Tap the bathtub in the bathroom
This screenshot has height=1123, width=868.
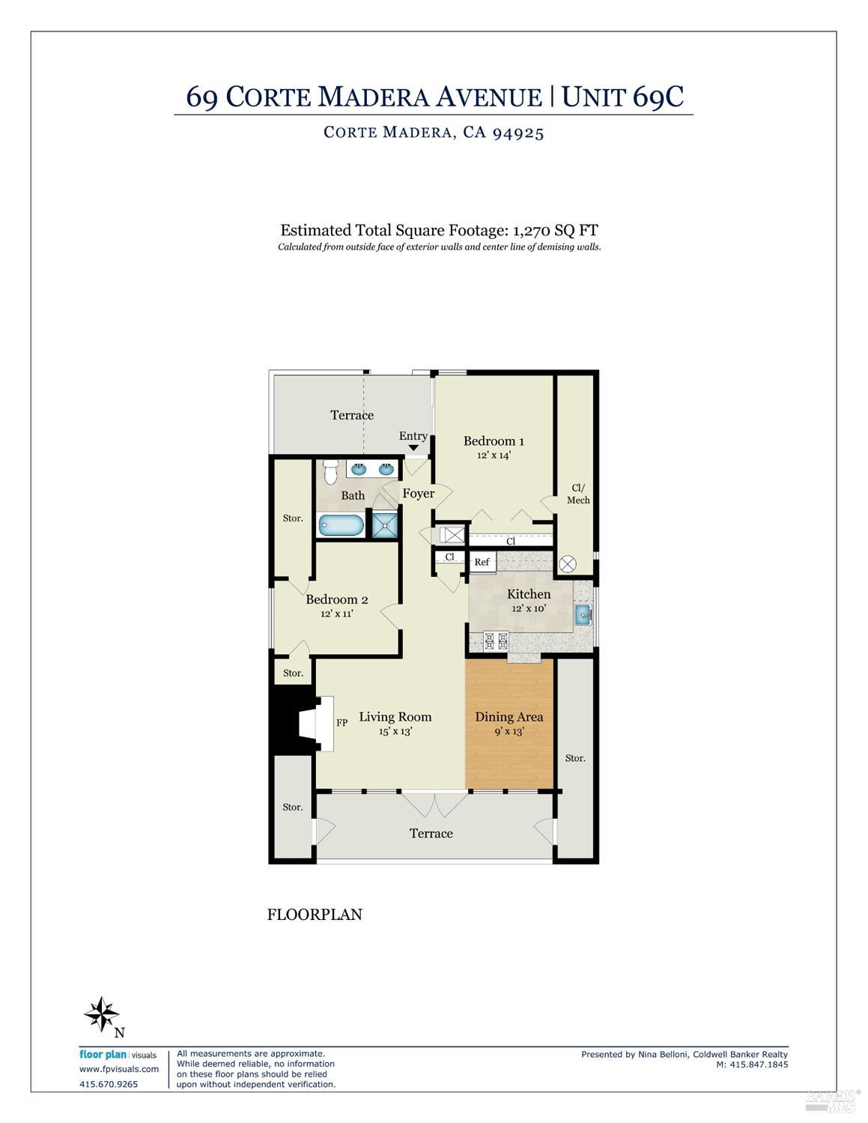tap(341, 524)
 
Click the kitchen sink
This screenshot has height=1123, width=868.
tap(583, 616)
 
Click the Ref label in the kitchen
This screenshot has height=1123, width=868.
tap(482, 562)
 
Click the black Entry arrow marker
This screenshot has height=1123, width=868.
tap(413, 448)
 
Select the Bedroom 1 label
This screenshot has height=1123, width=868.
tap(494, 441)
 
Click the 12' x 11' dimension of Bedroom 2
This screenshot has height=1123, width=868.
tap(336, 613)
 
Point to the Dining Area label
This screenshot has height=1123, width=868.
tap(509, 717)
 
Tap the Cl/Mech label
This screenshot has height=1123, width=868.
tap(578, 494)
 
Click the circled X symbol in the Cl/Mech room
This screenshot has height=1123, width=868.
tap(567, 563)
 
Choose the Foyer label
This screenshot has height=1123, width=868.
tap(418, 494)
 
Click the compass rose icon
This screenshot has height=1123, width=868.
tap(101, 1015)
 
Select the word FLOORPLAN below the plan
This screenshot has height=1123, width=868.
tap(315, 915)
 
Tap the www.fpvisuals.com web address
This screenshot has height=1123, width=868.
tap(119, 1069)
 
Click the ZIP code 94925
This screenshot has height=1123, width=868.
tap(518, 133)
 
